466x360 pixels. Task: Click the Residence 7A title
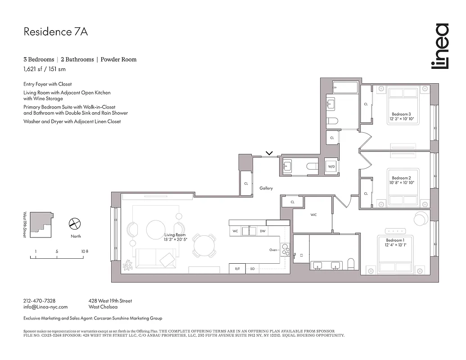click(52, 32)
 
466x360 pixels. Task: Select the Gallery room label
click(266, 188)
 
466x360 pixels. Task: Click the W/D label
click(331, 166)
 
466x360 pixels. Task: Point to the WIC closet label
click(313, 215)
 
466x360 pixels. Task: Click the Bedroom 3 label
click(401, 114)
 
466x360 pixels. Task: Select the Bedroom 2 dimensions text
click(402, 183)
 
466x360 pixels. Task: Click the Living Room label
click(175, 235)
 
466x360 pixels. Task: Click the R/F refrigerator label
click(237, 269)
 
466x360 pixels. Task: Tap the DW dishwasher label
click(262, 231)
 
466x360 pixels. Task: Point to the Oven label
click(273, 250)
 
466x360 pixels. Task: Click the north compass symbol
click(75, 224)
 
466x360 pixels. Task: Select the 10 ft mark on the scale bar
click(84, 251)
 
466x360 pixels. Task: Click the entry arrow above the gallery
click(269, 153)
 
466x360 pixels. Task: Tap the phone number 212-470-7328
click(39, 301)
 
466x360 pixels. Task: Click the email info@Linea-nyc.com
click(45, 307)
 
